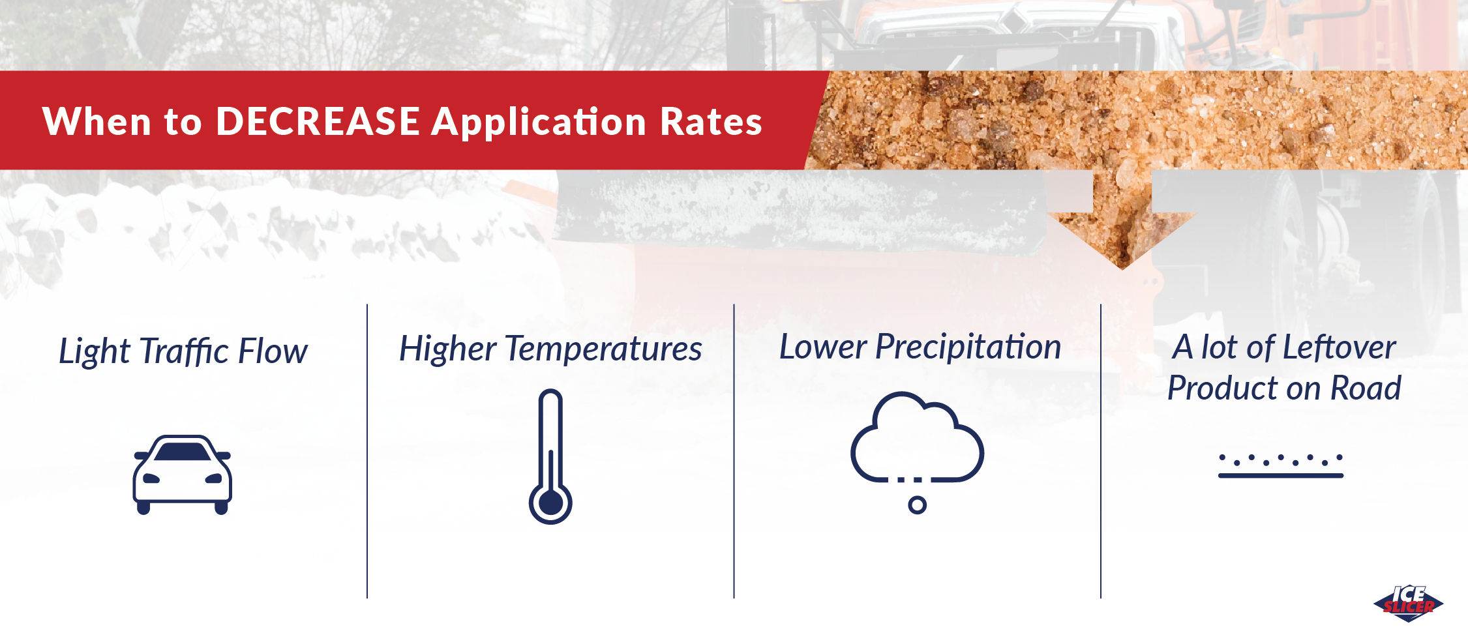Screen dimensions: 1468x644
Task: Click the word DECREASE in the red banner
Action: click(318, 121)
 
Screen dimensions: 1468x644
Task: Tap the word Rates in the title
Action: click(711, 121)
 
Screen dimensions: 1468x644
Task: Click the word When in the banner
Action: click(97, 121)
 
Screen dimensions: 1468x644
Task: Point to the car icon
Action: click(183, 475)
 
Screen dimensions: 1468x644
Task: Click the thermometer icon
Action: click(550, 456)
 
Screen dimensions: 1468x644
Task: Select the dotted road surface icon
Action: click(1281, 465)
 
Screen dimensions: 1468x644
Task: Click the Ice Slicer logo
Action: click(1409, 604)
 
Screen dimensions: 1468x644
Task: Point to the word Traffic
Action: click(185, 351)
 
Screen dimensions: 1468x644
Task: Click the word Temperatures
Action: click(603, 349)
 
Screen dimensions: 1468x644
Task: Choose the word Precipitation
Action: click(968, 347)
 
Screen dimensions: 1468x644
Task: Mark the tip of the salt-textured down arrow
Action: click(1122, 269)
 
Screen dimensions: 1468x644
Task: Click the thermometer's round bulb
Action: click(550, 503)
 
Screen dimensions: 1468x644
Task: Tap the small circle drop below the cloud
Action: click(917, 505)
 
